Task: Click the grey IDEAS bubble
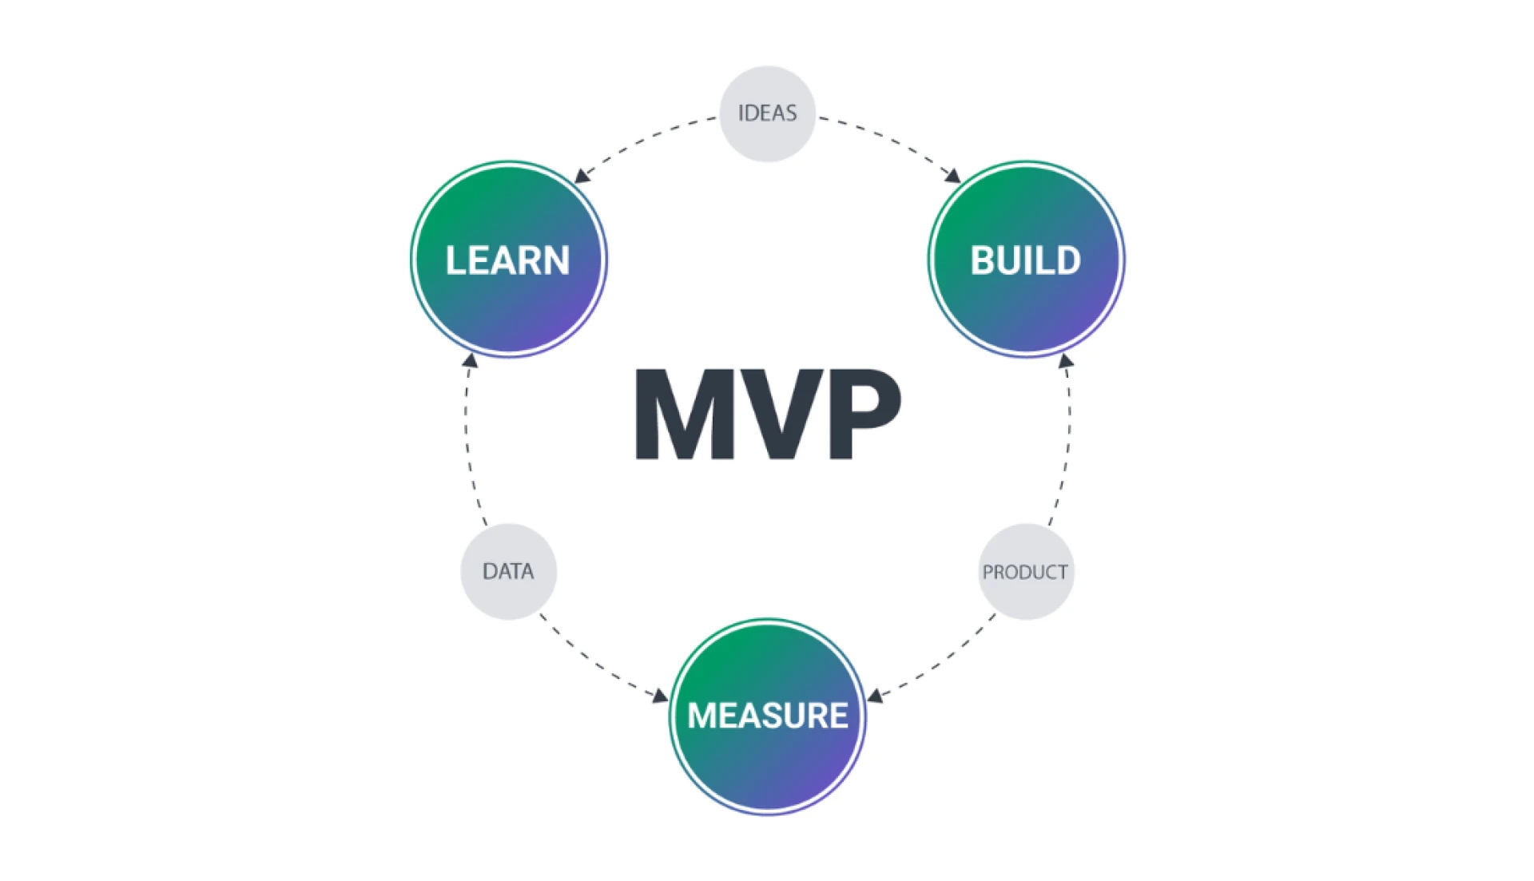tap(767, 113)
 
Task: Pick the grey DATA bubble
tap(508, 571)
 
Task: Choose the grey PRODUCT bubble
tap(1026, 572)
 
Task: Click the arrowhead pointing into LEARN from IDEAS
tap(582, 176)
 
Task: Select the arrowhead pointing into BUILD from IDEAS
tap(952, 175)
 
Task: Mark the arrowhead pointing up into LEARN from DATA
tap(471, 361)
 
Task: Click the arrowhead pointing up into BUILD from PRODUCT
tap(1065, 361)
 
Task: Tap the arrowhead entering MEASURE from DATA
tap(660, 696)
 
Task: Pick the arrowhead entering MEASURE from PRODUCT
tap(876, 696)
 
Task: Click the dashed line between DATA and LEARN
tap(468, 447)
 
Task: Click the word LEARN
tap(507, 260)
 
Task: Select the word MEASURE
tap(767, 716)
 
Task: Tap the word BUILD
tap(1025, 260)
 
